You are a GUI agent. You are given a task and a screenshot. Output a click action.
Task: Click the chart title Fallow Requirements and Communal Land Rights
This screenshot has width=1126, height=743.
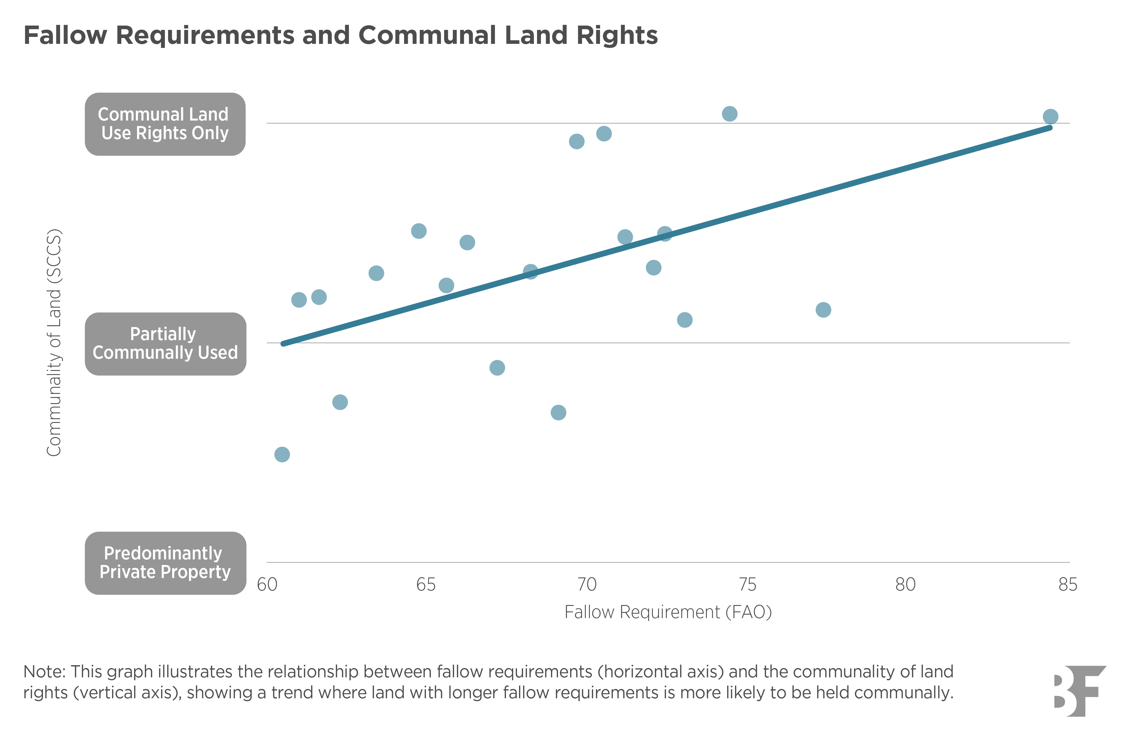point(340,35)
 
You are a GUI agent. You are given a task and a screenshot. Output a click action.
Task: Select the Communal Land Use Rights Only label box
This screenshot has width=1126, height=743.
point(165,124)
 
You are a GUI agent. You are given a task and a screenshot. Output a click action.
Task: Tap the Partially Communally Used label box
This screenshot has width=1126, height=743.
point(165,344)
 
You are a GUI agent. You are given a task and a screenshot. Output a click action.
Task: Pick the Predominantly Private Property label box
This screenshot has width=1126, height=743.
point(165,563)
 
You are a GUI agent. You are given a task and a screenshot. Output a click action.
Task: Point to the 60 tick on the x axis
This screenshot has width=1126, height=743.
point(267,585)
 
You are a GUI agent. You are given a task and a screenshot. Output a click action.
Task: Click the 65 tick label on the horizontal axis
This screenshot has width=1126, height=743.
point(426,585)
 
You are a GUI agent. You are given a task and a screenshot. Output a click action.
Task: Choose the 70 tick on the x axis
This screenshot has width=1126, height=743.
point(587,585)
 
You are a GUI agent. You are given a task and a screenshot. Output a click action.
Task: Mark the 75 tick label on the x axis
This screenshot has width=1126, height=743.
point(747,585)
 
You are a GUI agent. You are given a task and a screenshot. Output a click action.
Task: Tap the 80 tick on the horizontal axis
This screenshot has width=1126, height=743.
point(905,585)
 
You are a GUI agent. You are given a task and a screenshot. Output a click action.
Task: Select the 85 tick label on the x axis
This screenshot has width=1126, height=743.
point(1067,585)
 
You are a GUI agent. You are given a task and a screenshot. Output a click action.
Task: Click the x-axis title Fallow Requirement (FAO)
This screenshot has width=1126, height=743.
point(668,612)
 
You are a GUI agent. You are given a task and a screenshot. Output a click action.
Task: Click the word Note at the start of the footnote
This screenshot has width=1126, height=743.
point(44,672)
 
